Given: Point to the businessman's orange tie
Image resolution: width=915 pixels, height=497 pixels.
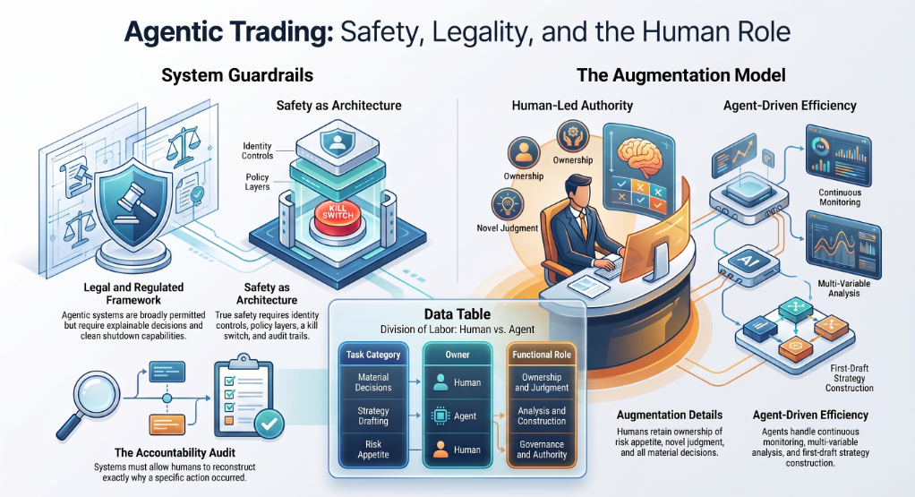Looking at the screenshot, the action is tap(583, 226).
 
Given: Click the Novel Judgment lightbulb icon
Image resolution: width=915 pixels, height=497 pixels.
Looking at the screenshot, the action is tap(507, 204).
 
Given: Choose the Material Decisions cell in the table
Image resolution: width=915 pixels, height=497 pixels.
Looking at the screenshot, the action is tap(373, 382).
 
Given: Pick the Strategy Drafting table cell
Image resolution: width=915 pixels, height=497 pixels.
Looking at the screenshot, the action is tap(373, 416).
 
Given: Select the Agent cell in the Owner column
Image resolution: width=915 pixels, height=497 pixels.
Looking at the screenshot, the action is tap(457, 416).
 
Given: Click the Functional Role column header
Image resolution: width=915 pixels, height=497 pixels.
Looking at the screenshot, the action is tap(542, 355).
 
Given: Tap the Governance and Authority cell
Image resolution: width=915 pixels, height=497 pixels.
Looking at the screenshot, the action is tap(542, 450).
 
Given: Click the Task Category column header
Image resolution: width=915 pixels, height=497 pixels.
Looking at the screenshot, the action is tap(373, 355).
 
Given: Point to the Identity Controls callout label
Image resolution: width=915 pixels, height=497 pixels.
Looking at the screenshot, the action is tap(257, 150).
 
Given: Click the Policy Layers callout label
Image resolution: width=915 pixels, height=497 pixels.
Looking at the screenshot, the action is tap(257, 182).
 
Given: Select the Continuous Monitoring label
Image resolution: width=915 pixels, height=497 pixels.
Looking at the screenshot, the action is tap(840, 197).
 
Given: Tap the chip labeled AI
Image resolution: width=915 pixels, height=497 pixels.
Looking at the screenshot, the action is tap(748, 262).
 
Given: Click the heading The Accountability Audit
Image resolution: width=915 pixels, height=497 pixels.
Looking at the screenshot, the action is tap(175, 452).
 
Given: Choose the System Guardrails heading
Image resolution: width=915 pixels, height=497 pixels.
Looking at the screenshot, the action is tap(237, 75).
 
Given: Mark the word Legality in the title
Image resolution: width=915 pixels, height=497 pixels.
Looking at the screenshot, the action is tap(482, 32).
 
